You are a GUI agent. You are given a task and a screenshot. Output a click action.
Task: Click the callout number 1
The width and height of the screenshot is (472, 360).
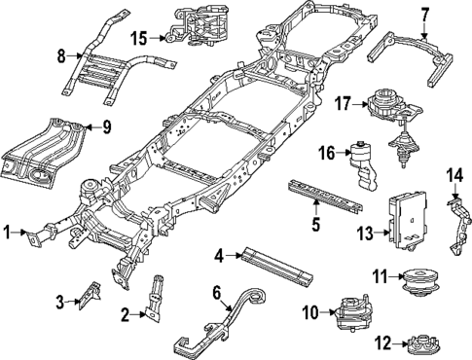pos(8,233)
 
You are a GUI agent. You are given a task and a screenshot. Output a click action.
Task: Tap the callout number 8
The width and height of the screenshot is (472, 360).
pos(61,55)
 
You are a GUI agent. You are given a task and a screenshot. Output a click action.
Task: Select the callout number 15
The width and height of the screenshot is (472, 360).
pos(141,38)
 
